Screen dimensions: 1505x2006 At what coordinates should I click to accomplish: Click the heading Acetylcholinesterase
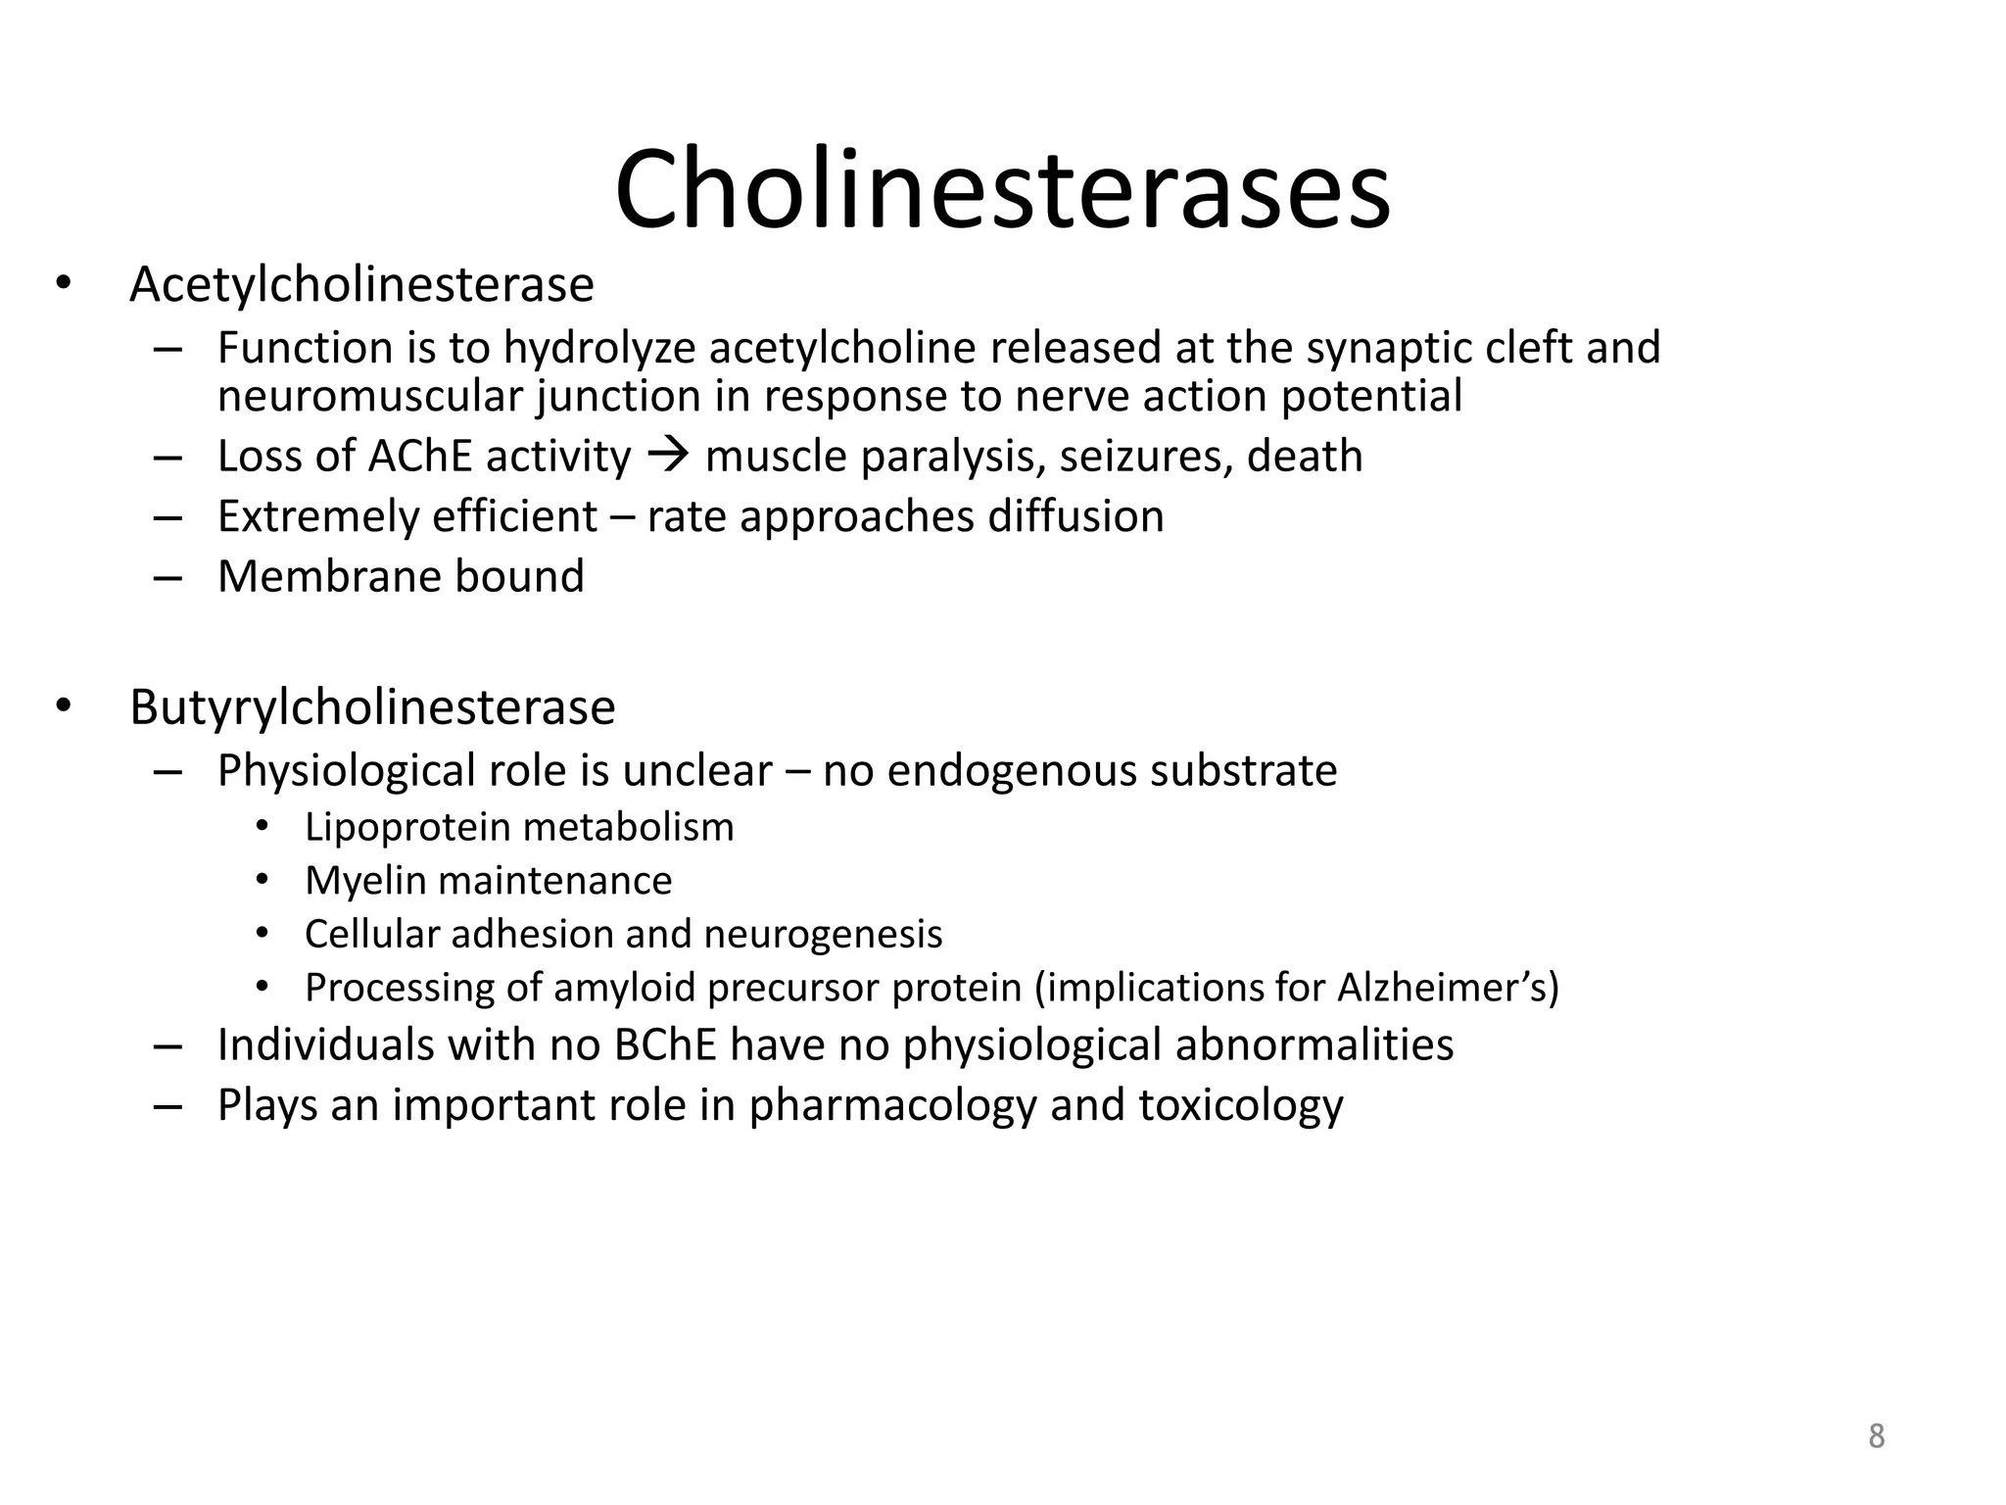click(x=361, y=285)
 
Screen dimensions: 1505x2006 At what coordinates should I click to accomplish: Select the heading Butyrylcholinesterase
click(x=372, y=707)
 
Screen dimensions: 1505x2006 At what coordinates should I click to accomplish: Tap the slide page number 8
click(x=1876, y=1436)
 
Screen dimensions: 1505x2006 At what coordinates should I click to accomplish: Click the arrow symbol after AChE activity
click(x=669, y=456)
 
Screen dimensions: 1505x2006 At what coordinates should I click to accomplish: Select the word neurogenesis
click(x=823, y=934)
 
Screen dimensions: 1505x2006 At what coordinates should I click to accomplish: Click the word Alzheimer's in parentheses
click(x=1439, y=987)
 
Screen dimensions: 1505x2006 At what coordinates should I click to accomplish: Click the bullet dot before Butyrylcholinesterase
click(x=64, y=706)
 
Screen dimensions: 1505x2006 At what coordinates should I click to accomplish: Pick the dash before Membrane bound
click(x=167, y=577)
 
